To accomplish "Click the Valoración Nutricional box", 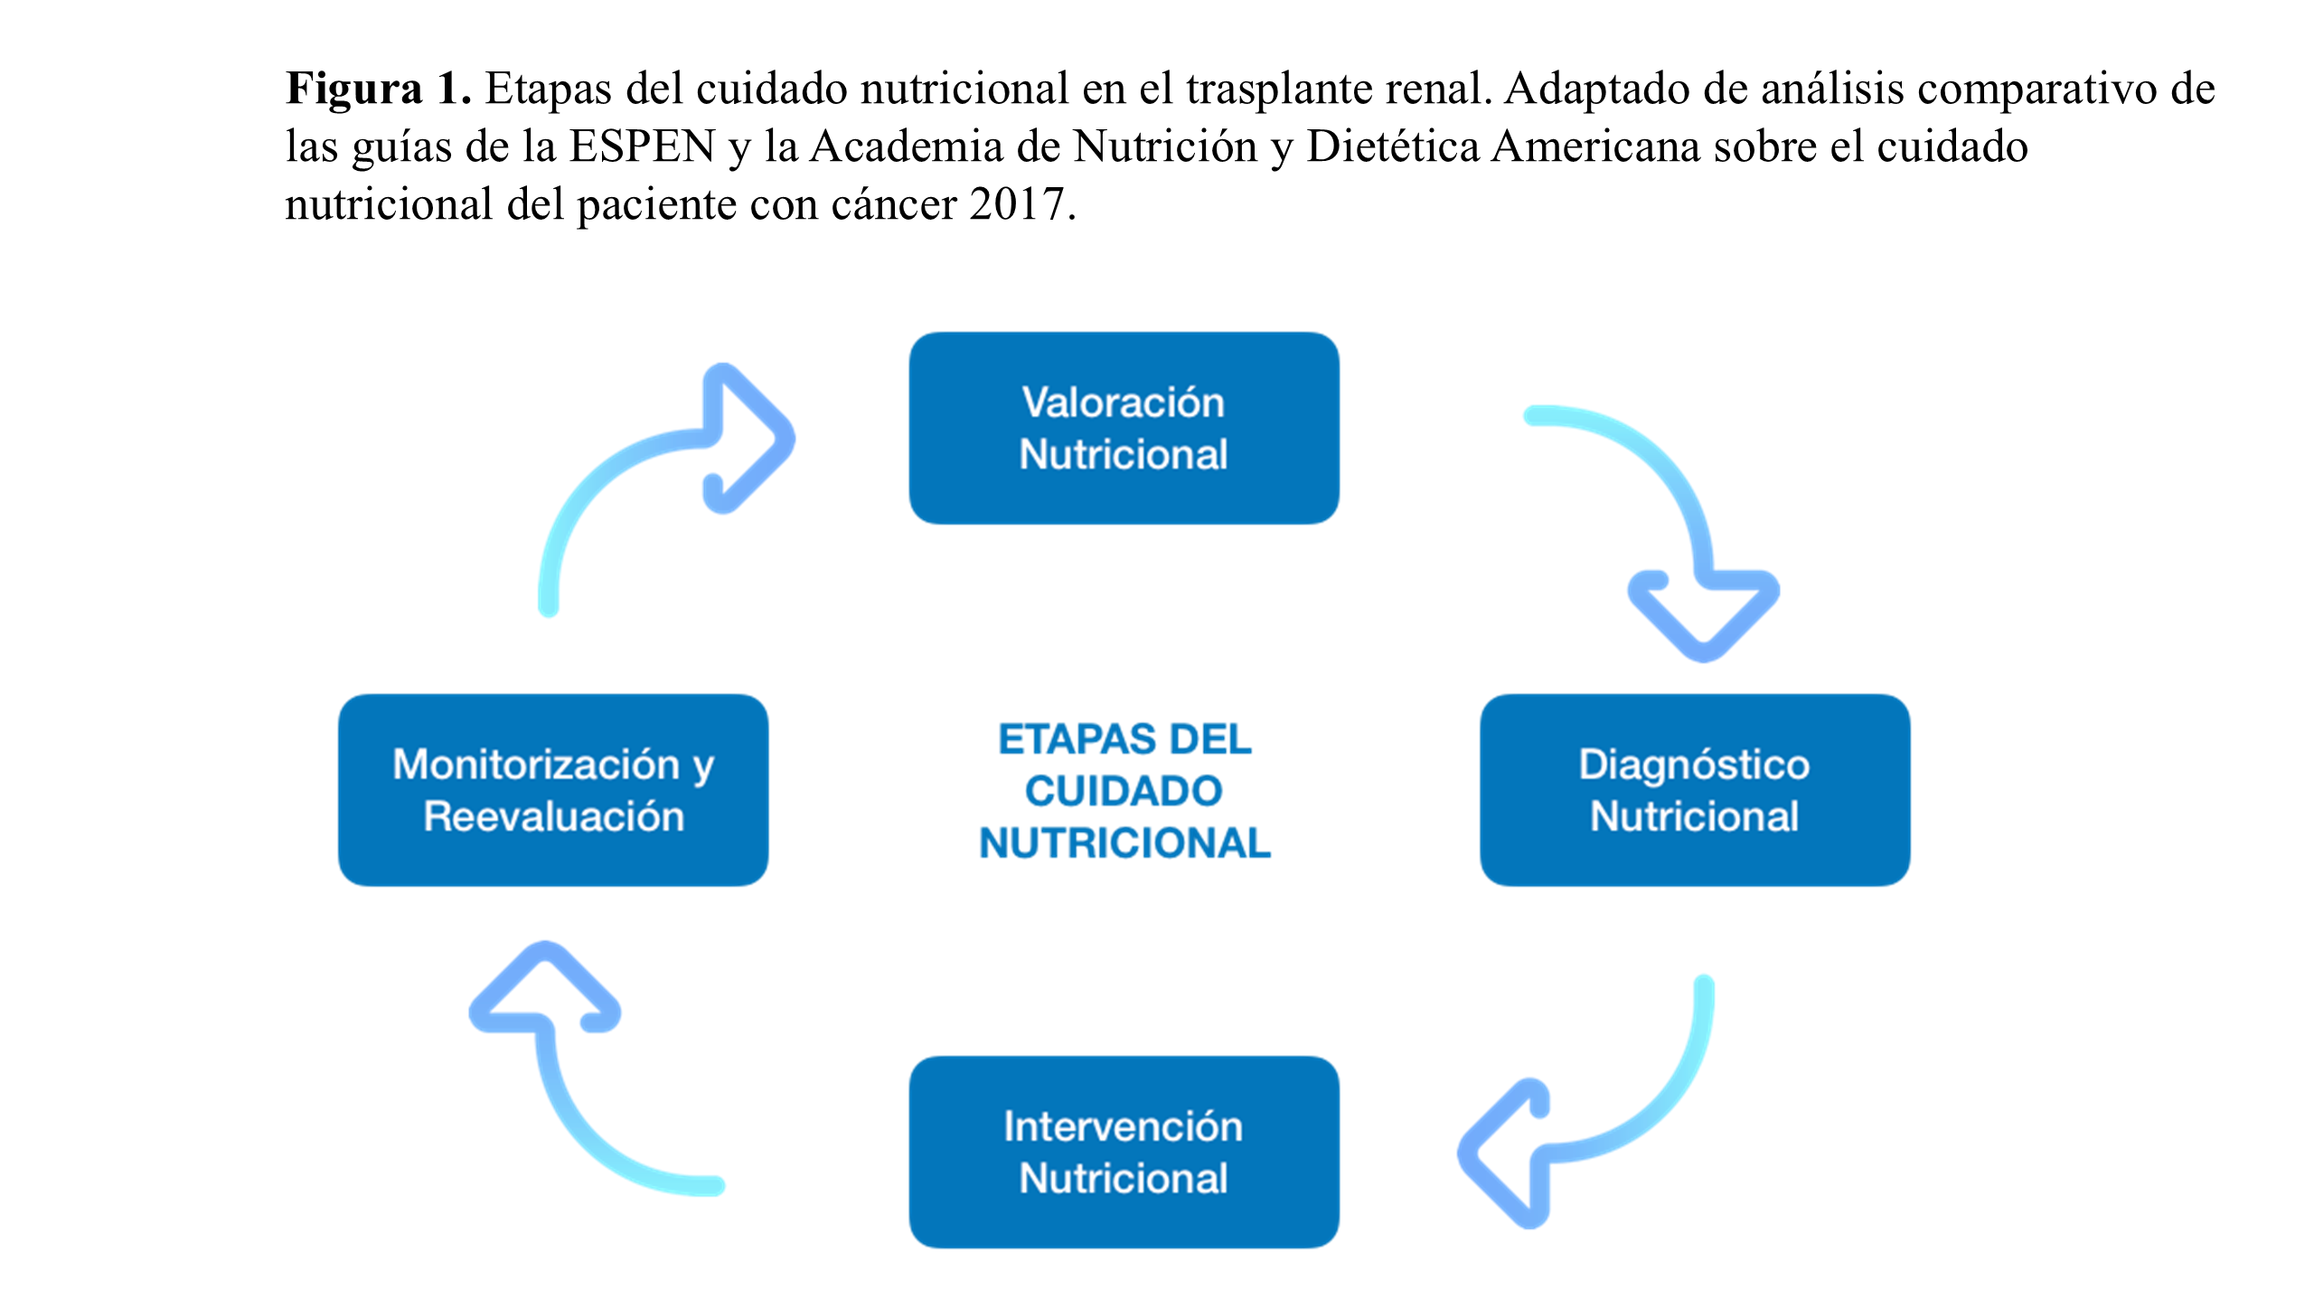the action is coord(1124,428).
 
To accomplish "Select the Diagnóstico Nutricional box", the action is coord(1694,789).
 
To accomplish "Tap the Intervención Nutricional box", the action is coord(1124,1151).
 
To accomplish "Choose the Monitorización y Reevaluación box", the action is coord(553,789).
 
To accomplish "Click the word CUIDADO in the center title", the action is coord(1124,791).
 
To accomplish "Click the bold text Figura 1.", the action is coord(378,89).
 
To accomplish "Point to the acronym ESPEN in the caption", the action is coord(642,146).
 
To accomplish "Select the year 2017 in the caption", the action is coord(1018,204).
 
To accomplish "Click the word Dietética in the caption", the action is coord(1393,146).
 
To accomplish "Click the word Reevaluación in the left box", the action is coord(554,816).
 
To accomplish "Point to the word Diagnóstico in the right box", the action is coord(1694,765).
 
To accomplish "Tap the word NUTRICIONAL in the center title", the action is coord(1124,844).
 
